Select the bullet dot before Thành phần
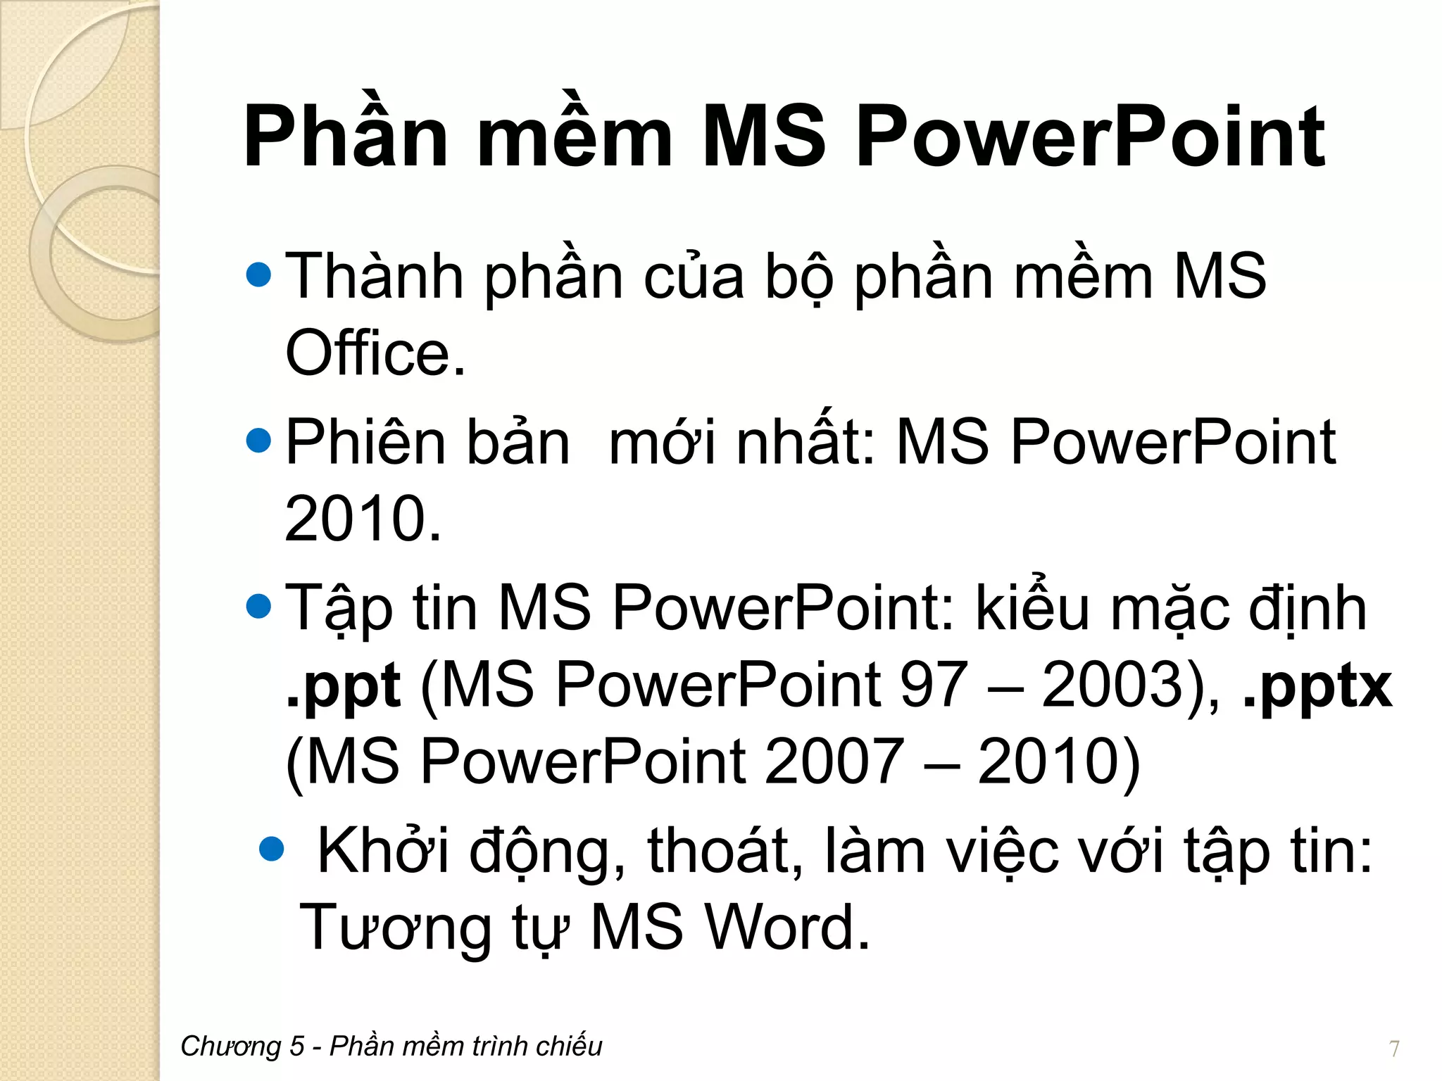[259, 275]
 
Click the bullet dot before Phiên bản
[259, 441]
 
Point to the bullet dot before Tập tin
[259, 607]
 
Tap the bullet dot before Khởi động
[271, 849]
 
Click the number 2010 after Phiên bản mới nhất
[356, 519]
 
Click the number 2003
[1112, 685]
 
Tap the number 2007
[834, 761]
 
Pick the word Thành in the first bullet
[374, 277]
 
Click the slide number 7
[1394, 1049]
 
